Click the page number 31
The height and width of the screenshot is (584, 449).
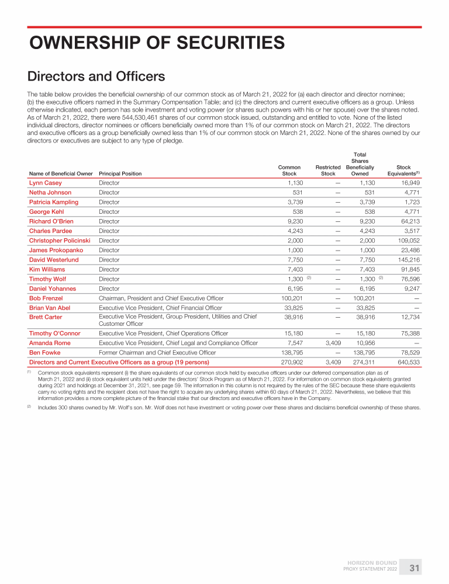click(414, 568)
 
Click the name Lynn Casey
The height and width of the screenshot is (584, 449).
click(45, 183)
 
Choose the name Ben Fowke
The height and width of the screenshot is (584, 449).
click(44, 353)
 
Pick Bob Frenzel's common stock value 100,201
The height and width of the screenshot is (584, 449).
click(291, 298)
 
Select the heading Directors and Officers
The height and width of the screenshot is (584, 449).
click(96, 77)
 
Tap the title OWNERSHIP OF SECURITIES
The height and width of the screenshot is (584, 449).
click(157, 43)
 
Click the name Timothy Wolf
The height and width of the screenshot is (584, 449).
click(47, 279)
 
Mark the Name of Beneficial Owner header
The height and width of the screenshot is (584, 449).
click(61, 173)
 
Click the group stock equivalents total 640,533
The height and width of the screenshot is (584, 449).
click(407, 362)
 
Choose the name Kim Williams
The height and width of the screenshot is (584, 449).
click(47, 269)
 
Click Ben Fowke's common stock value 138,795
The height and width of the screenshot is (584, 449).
click(291, 353)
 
